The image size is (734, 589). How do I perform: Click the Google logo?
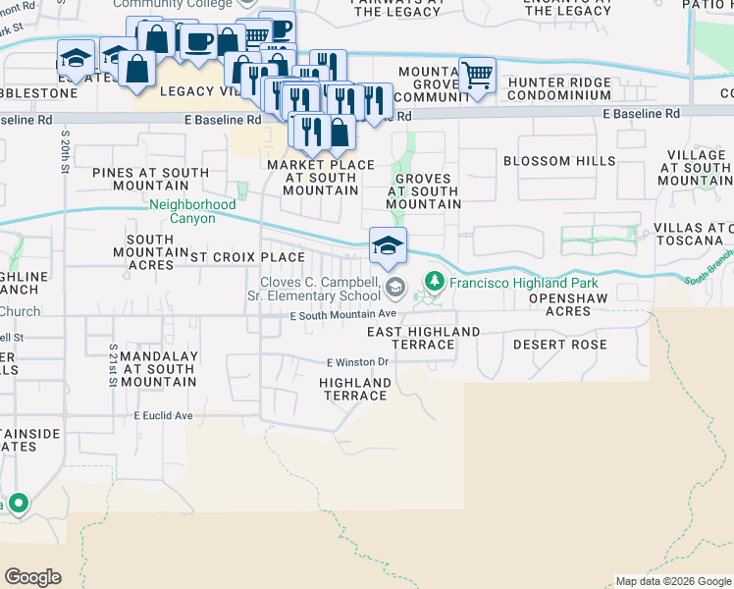(33, 577)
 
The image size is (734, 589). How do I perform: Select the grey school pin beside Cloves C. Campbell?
(395, 288)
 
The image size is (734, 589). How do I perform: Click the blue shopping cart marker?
(477, 75)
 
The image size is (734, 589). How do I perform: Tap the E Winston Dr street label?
(358, 361)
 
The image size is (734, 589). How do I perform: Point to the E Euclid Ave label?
(164, 415)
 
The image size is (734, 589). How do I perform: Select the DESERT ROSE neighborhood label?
(559, 345)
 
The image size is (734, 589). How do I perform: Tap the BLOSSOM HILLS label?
(559, 161)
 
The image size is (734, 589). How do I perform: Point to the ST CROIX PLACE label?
(247, 257)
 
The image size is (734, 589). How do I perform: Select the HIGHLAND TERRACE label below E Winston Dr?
(354, 389)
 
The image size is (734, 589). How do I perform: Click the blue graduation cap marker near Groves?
(388, 245)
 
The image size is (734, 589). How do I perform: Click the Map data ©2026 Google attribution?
(673, 581)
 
